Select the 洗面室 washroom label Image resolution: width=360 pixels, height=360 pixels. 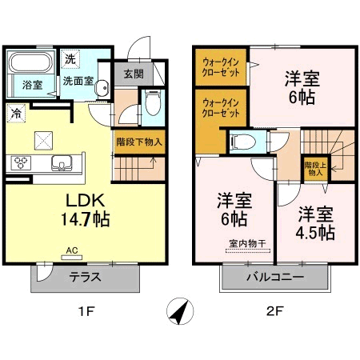(80, 81)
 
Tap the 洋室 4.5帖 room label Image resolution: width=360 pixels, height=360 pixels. (317, 224)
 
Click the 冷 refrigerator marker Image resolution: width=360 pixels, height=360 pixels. (16, 114)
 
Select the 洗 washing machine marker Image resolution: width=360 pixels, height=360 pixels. (70, 58)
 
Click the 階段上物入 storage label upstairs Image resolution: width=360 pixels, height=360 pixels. (314, 168)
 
